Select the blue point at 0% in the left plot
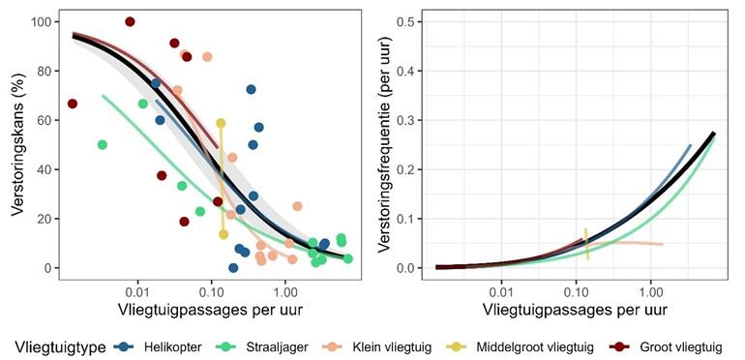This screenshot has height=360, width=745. point(233,267)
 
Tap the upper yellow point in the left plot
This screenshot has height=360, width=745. point(222,124)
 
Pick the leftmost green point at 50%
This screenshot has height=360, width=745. point(103,145)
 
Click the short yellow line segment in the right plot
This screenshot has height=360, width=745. point(586,243)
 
